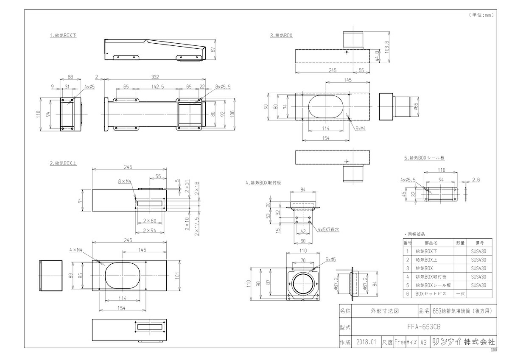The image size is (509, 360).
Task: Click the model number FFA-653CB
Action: (x=424, y=327)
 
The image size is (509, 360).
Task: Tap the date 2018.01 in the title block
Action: (x=366, y=342)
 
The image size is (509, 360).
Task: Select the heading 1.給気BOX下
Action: (x=63, y=36)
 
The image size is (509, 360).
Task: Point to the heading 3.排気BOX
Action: (x=281, y=36)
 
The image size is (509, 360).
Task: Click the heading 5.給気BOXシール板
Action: (x=424, y=158)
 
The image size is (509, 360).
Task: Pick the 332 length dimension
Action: (x=155, y=77)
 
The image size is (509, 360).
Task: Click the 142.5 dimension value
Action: (x=157, y=87)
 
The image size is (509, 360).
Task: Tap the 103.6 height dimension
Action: (x=387, y=47)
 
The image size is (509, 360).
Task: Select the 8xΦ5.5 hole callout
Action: (x=223, y=87)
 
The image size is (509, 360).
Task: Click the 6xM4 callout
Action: (x=361, y=128)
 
